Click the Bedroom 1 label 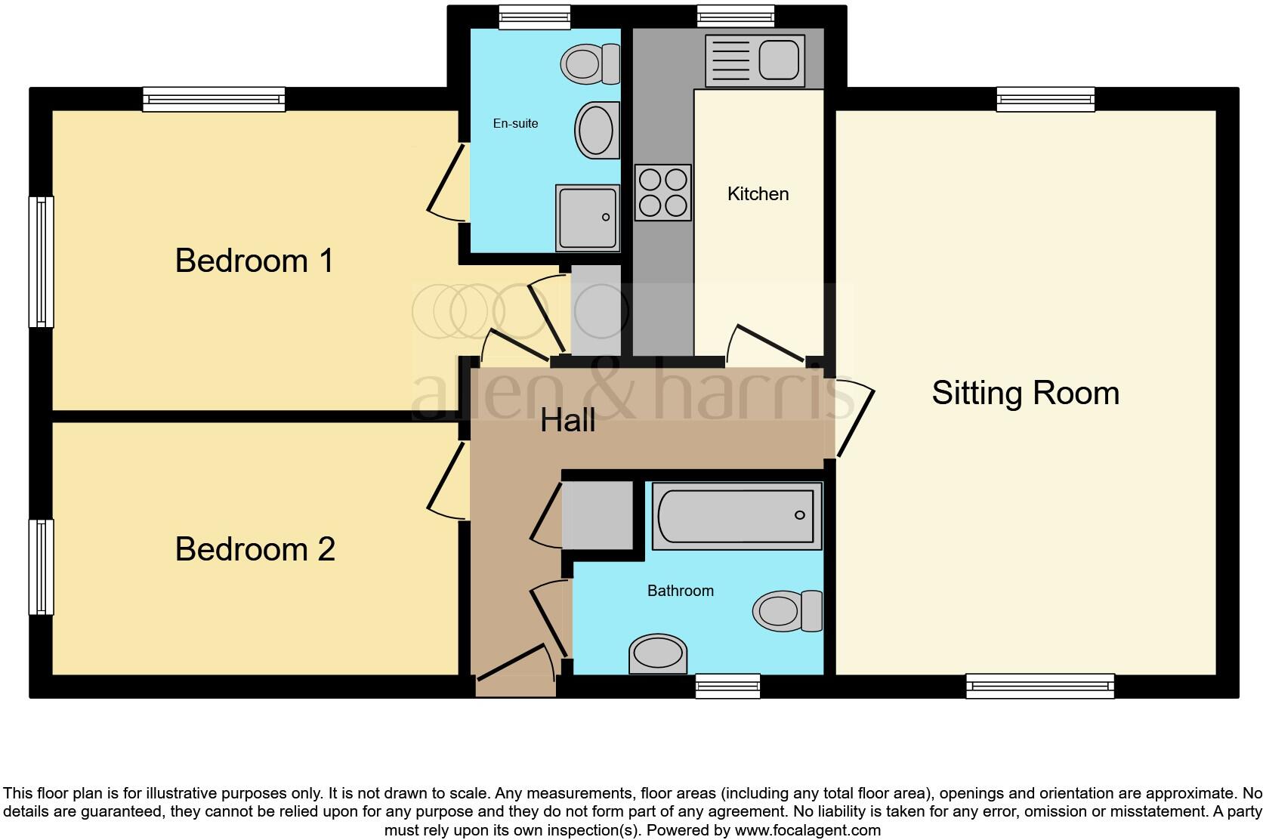(254, 261)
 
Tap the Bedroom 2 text (255, 550)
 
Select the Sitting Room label (1025, 394)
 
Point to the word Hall (568, 421)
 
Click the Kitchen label (758, 194)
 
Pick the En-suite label (515, 124)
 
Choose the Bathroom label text (680, 591)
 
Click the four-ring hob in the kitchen (662, 193)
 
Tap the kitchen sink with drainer (755, 60)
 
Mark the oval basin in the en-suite (597, 130)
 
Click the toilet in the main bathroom (789, 610)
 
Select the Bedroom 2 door (446, 481)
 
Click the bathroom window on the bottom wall (727, 686)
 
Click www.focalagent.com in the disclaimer (807, 830)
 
